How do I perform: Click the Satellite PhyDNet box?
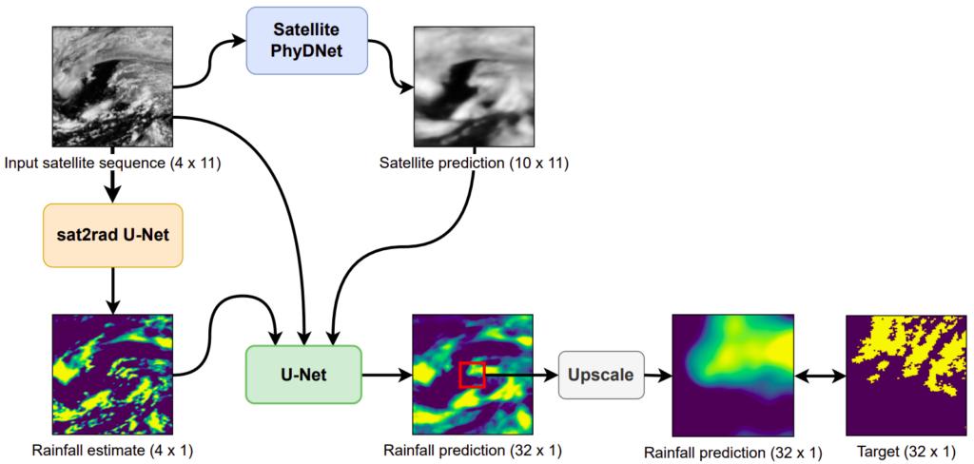tap(307, 41)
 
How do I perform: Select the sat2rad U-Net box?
tap(112, 236)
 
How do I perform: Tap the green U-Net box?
tap(303, 375)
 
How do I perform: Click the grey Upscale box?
tap(601, 375)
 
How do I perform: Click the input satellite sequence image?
tap(113, 86)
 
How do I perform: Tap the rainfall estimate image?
tap(113, 375)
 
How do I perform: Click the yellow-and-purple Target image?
tap(906, 376)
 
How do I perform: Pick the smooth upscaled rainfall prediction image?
tap(733, 376)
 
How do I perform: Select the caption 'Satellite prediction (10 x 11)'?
tap(473, 164)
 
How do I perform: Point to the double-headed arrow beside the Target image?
tap(820, 376)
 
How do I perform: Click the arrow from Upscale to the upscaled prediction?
tap(658, 376)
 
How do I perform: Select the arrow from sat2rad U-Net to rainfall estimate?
tap(112, 291)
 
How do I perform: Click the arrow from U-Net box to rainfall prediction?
tap(387, 375)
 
